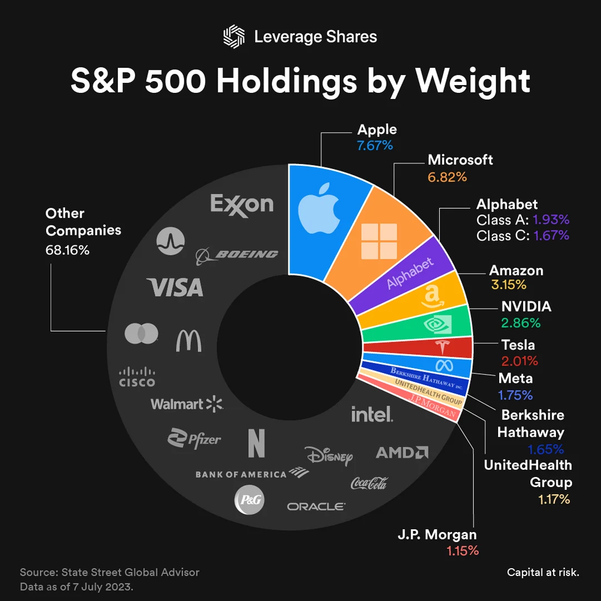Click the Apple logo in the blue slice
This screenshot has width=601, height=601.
coord(318,210)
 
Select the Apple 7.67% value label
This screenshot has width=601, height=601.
coord(375,146)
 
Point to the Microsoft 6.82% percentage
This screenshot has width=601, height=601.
coord(447,177)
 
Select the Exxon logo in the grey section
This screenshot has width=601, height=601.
coord(242,204)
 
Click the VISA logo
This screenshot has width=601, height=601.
coord(175,287)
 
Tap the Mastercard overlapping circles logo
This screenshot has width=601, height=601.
coord(141,334)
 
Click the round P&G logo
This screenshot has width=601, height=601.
coord(248,500)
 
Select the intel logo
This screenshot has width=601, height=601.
coord(372,413)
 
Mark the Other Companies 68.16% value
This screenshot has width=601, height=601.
coord(67,250)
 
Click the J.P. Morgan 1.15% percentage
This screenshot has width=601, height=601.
coord(462,551)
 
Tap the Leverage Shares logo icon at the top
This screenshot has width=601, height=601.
coord(234,37)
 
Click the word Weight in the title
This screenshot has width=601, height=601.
coord(473,81)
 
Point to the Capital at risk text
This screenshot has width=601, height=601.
coord(543,572)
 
